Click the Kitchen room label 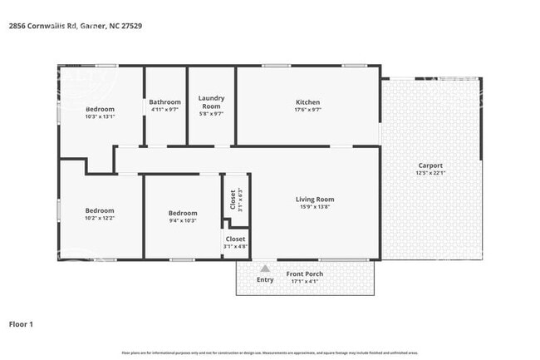click(x=307, y=102)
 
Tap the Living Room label click(x=315, y=200)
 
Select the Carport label click(x=430, y=165)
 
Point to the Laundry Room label click(x=211, y=102)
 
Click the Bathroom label click(x=164, y=102)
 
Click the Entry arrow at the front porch click(x=265, y=269)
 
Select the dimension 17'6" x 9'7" click(x=307, y=110)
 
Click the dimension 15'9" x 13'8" click(x=315, y=207)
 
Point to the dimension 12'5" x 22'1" click(x=430, y=173)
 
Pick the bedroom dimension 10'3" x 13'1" click(x=100, y=116)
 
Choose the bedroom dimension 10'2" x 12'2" click(x=100, y=218)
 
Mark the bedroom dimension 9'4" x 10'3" click(x=183, y=220)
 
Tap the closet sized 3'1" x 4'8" click(x=234, y=242)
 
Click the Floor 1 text click(x=21, y=323)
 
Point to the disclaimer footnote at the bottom click(x=270, y=353)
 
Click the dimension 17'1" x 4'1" click(x=305, y=281)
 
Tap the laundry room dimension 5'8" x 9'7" click(x=211, y=114)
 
